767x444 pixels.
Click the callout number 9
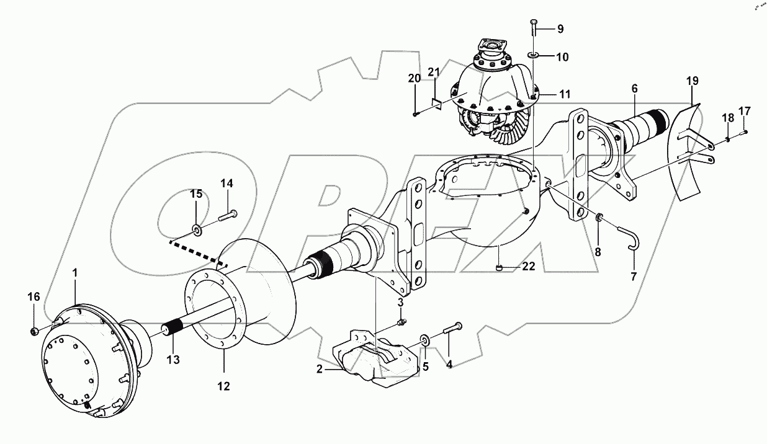(x=560, y=29)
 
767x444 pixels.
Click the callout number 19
(x=693, y=81)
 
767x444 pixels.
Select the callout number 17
(x=744, y=112)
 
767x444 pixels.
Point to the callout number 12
(x=223, y=386)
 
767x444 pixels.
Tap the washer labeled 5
(x=425, y=340)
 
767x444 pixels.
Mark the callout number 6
(x=634, y=89)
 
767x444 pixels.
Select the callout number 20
(x=414, y=78)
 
